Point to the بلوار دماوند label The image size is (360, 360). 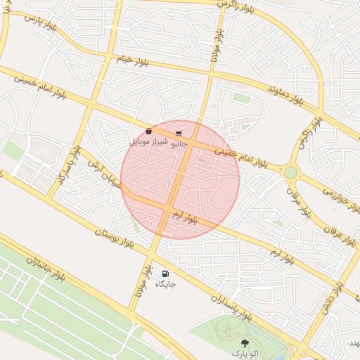285,95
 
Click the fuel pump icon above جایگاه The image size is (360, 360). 166,274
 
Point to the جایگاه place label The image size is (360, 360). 165,284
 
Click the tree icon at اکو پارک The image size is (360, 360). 245,342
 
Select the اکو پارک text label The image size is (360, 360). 245,352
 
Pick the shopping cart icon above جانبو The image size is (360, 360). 179,132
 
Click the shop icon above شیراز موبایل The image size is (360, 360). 148,131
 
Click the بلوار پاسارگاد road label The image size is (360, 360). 70,168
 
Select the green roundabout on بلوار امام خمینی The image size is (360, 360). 290,172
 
